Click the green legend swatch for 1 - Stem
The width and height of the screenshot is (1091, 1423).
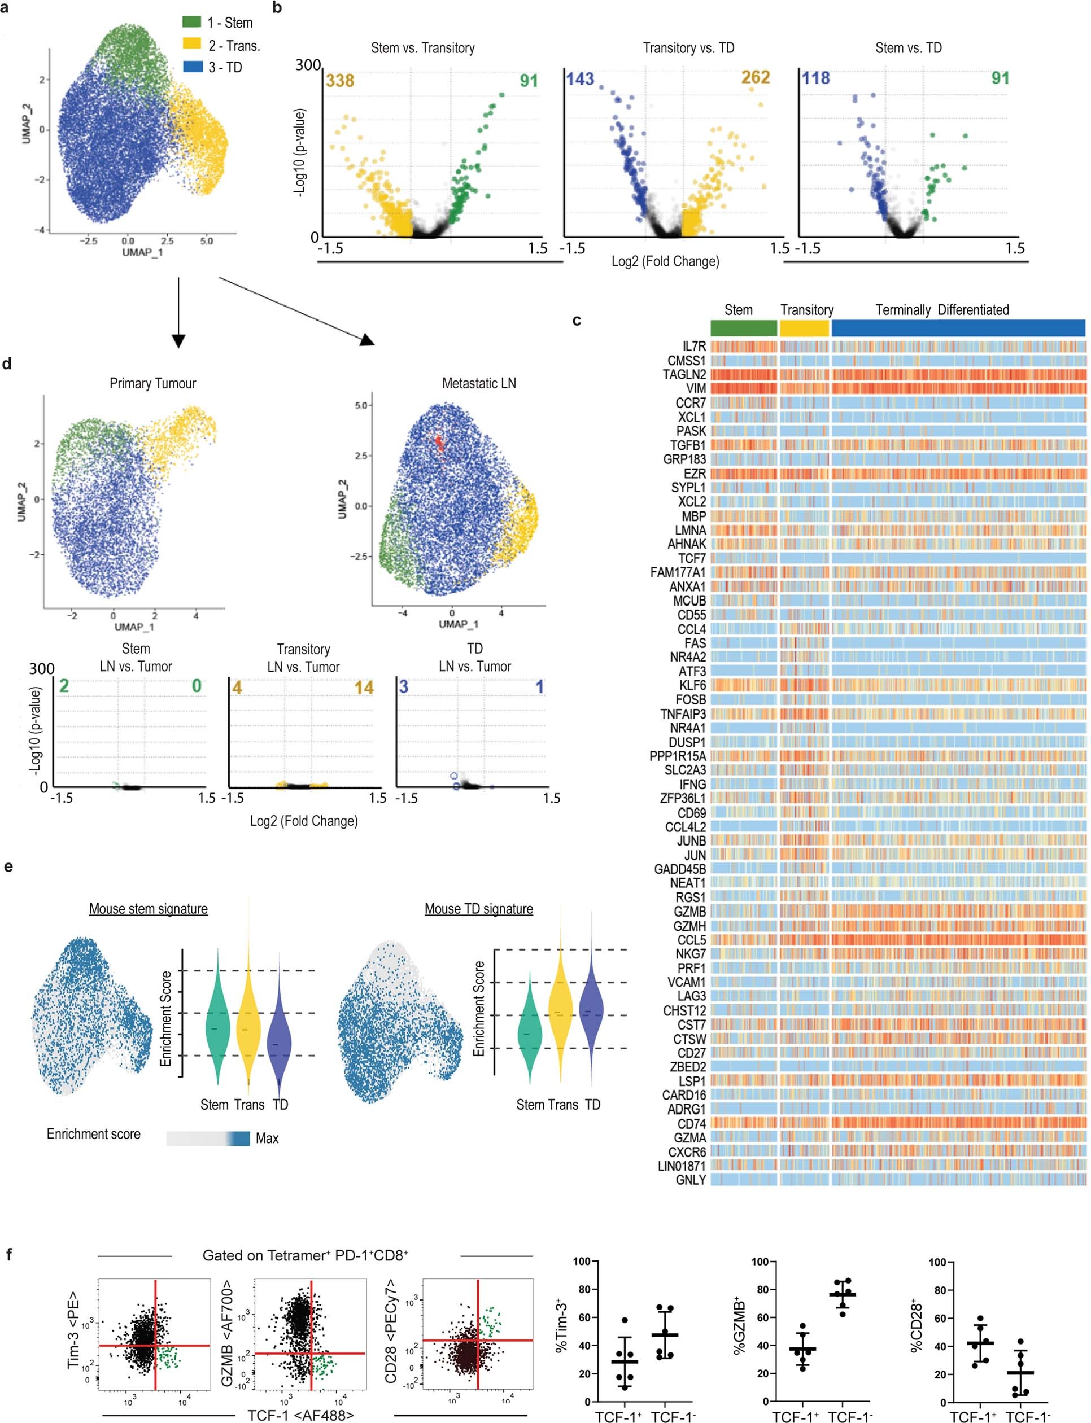click(x=191, y=22)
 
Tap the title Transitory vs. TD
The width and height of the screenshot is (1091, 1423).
click(x=688, y=48)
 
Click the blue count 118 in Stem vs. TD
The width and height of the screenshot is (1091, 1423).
click(x=815, y=78)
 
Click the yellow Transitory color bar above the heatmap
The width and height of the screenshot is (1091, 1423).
click(x=804, y=328)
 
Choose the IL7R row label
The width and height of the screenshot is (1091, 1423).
click(x=693, y=347)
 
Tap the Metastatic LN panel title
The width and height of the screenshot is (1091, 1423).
click(x=479, y=384)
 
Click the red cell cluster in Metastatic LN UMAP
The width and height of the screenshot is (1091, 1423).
click(x=440, y=444)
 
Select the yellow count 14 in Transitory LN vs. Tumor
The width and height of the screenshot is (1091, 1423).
click(x=364, y=687)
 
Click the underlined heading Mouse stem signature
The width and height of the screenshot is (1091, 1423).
click(x=148, y=909)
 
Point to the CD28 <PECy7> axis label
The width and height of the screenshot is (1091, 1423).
click(x=391, y=1324)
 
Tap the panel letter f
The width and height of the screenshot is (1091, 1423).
click(x=9, y=1254)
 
